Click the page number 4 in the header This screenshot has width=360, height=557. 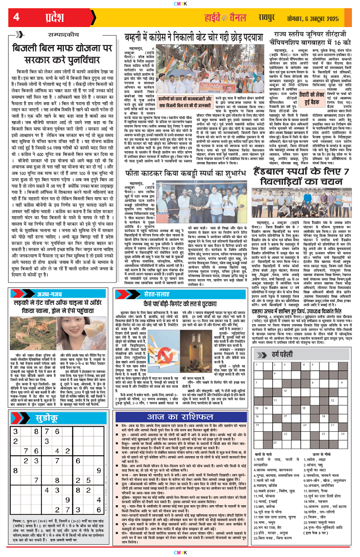(16, 18)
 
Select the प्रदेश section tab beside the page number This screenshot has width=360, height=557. (49, 18)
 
